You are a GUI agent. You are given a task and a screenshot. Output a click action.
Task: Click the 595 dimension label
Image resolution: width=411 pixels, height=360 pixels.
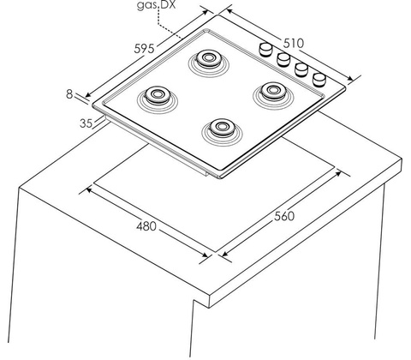click(x=144, y=49)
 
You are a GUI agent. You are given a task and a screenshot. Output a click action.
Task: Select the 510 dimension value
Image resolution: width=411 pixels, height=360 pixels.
click(x=294, y=43)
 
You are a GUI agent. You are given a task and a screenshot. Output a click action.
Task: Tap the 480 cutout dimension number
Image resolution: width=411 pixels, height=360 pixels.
click(x=146, y=226)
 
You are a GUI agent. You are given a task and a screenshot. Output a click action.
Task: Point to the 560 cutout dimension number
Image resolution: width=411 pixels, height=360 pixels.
click(x=284, y=216)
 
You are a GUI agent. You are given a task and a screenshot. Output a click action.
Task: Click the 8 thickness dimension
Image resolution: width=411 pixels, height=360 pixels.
click(x=69, y=94)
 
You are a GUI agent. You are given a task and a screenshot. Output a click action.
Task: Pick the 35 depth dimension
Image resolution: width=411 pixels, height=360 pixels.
click(x=86, y=123)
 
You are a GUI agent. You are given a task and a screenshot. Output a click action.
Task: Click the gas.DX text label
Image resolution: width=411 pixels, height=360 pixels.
click(x=156, y=5)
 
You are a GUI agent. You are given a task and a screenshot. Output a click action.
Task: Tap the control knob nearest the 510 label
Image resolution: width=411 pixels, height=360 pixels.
click(x=265, y=49)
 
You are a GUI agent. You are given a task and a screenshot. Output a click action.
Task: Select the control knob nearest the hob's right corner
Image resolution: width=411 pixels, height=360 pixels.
click(x=319, y=80)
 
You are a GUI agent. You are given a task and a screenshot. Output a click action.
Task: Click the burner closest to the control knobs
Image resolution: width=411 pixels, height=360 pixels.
click(x=273, y=91)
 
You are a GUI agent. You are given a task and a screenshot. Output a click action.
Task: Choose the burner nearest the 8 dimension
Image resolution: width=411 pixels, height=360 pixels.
click(x=157, y=95)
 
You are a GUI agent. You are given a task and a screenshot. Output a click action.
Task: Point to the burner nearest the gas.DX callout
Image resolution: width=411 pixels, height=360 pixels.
click(x=208, y=58)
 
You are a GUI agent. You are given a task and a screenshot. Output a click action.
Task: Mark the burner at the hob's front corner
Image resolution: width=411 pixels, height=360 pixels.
click(x=222, y=128)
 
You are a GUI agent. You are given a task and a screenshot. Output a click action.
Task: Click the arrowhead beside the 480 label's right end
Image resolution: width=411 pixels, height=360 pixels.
click(x=205, y=254)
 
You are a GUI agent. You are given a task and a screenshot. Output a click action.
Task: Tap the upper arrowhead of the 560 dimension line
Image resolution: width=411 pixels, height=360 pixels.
click(x=338, y=173)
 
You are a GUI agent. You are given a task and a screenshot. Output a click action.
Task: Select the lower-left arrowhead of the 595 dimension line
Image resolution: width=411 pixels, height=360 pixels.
click(x=89, y=94)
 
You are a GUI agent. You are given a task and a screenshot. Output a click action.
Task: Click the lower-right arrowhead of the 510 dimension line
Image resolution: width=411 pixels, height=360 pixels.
click(x=350, y=78)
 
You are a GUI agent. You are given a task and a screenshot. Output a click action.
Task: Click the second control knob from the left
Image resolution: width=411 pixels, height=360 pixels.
click(x=283, y=59)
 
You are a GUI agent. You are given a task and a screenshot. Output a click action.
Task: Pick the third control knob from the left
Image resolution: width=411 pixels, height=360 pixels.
click(x=301, y=69)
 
